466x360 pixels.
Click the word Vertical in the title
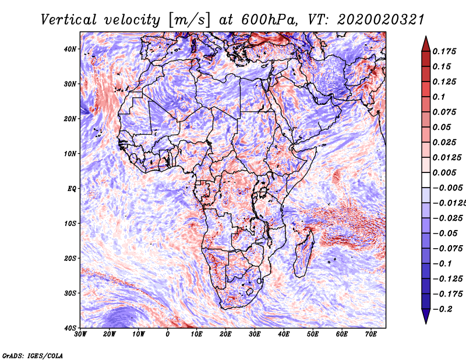click(x=69, y=20)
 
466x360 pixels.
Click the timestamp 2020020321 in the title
click(x=381, y=20)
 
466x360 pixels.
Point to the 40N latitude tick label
click(x=70, y=49)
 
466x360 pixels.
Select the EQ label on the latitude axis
click(x=72, y=189)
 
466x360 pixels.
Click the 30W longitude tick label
click(x=80, y=334)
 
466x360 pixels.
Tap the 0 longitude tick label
click(x=168, y=334)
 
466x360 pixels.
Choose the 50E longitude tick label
click(x=313, y=334)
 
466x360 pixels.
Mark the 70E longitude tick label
click(x=371, y=334)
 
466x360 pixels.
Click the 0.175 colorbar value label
click(x=444, y=52)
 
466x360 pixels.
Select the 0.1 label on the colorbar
click(x=439, y=97)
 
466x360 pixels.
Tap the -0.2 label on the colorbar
click(x=443, y=309)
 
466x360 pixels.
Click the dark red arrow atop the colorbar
click(x=426, y=44)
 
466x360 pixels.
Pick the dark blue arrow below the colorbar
click(x=426, y=316)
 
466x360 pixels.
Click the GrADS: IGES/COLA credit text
click(x=33, y=356)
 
